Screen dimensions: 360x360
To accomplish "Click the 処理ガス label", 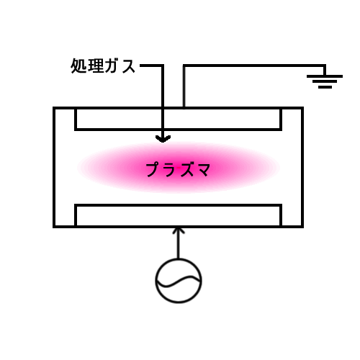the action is click(x=103, y=66).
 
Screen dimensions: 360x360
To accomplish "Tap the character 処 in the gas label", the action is click(x=78, y=66).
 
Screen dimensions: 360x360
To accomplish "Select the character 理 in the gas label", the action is click(x=96, y=66).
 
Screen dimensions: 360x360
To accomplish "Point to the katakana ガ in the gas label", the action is click(x=112, y=66).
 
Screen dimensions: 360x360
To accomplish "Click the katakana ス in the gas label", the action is click(x=129, y=66).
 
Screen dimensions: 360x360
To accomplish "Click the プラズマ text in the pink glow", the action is click(x=178, y=169).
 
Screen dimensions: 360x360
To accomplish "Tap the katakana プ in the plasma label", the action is click(x=154, y=169).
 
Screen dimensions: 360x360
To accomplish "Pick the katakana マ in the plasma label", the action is click(x=202, y=170).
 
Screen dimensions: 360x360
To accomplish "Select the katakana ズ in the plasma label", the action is click(x=186, y=169).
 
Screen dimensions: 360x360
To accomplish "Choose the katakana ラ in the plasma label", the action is click(x=171, y=170).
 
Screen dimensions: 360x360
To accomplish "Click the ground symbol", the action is click(x=325, y=81).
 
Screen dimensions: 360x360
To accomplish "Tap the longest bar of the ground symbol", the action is click(x=325, y=76).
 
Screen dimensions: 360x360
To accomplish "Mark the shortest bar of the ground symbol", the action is click(x=325, y=87).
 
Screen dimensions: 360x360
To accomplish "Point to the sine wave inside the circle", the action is click(x=179, y=282).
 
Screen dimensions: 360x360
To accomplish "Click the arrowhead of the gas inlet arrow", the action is click(x=163, y=139).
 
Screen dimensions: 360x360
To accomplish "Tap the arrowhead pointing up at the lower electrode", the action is click(x=179, y=230).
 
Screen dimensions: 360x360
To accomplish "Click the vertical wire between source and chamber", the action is click(x=179, y=243).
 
